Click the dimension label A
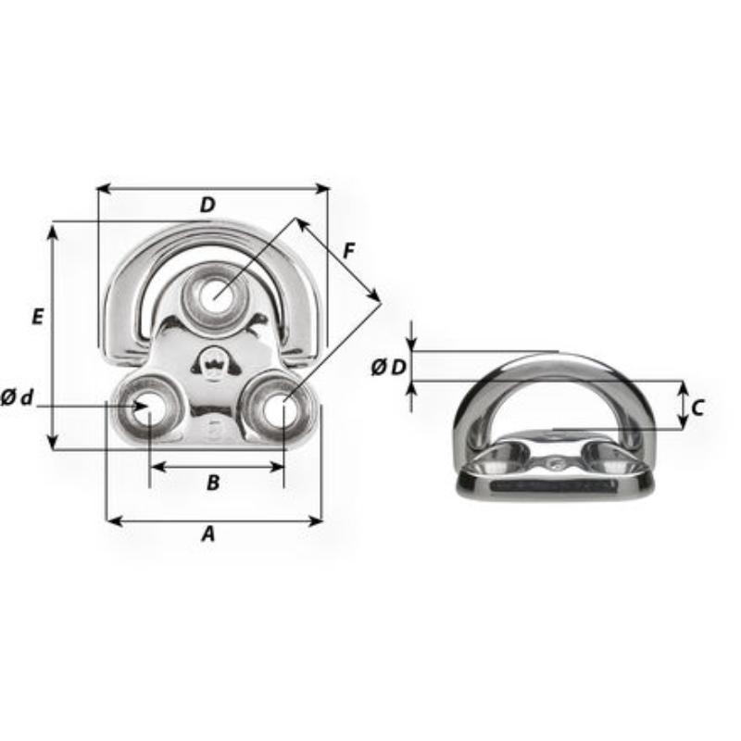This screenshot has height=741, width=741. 208,534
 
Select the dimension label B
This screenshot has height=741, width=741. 213,482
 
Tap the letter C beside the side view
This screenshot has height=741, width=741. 698,406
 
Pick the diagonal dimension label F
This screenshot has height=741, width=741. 348,250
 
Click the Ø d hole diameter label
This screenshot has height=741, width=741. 18,398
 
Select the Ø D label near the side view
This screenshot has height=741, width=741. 388,367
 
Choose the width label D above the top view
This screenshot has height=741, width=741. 207,206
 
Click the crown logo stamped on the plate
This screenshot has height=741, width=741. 212,362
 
